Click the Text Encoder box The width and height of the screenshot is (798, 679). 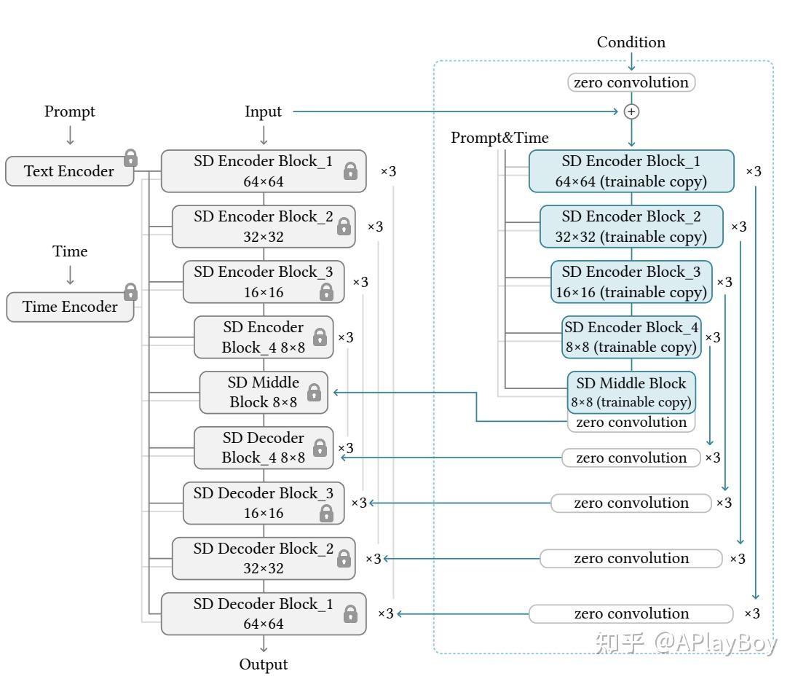[69, 171]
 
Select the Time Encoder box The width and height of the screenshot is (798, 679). [70, 307]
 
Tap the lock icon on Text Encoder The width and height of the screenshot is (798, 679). [130, 157]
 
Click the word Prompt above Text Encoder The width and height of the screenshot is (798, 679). [70, 111]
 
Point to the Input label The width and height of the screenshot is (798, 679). [263, 111]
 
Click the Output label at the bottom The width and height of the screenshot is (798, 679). [264, 664]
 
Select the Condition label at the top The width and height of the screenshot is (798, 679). [631, 42]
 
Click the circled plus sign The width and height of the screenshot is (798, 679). [631, 111]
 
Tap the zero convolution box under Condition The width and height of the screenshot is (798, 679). [631, 82]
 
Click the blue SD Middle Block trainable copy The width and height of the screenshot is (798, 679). [631, 392]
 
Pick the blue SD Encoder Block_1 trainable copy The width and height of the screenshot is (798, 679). [631, 171]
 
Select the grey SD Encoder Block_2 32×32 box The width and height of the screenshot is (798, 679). [264, 227]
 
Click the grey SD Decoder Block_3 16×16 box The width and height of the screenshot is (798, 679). [264, 503]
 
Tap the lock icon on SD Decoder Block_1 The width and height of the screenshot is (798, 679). [350, 613]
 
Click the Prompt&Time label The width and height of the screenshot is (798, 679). [499, 138]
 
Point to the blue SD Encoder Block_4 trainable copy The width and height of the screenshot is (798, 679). [631, 337]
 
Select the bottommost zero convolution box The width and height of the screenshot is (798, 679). [631, 613]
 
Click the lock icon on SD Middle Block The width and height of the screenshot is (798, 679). [314, 392]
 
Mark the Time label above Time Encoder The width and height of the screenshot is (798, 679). [70, 251]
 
